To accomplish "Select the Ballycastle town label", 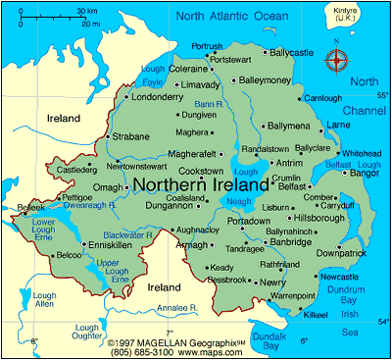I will point(294,51).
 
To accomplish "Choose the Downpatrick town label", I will point(341,252).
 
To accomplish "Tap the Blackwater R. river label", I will point(129,235).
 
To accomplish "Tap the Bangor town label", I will point(364,174).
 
